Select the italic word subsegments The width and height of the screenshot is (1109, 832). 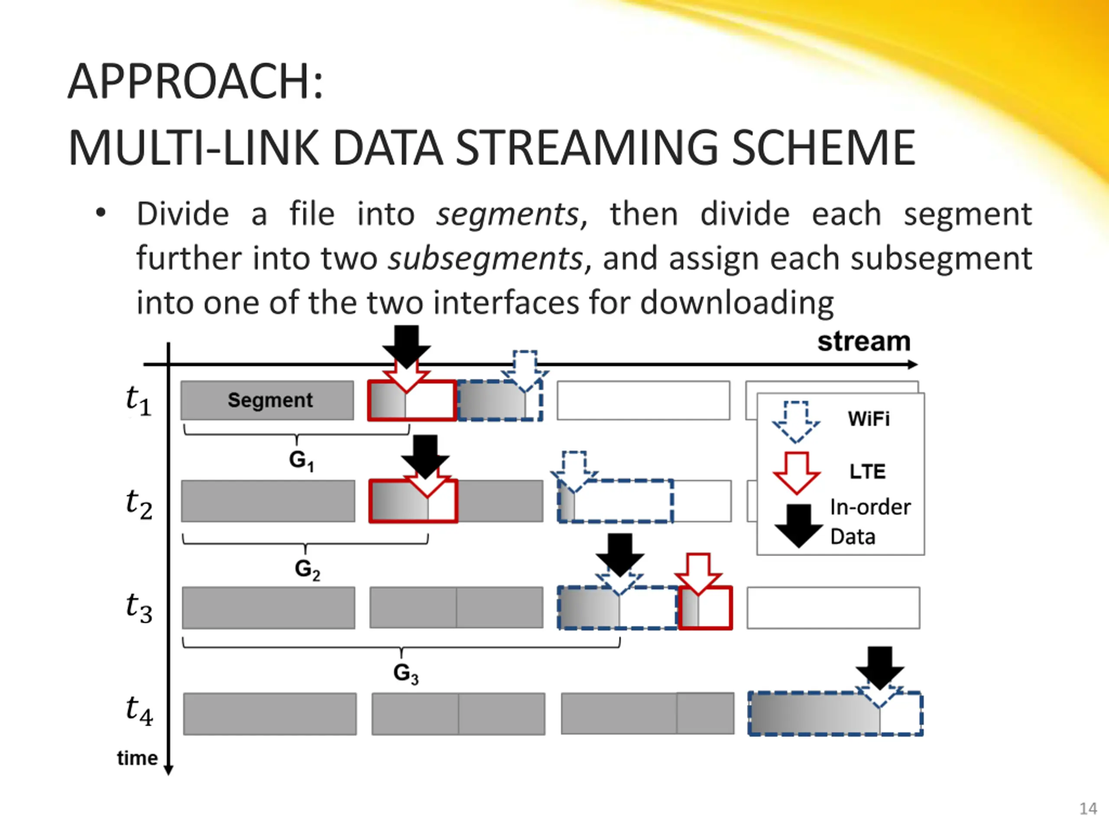click(x=486, y=259)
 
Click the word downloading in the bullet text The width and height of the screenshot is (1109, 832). click(x=736, y=303)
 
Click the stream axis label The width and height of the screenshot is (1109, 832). click(x=863, y=341)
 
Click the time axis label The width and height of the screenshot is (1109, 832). click(x=137, y=758)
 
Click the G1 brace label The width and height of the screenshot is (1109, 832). click(x=301, y=460)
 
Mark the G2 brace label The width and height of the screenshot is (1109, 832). click(x=307, y=569)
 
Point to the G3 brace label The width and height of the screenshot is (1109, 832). click(x=405, y=673)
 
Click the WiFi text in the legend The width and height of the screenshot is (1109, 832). click(x=868, y=419)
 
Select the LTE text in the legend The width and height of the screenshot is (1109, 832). click(x=867, y=471)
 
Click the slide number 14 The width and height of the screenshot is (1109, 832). click(x=1087, y=809)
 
